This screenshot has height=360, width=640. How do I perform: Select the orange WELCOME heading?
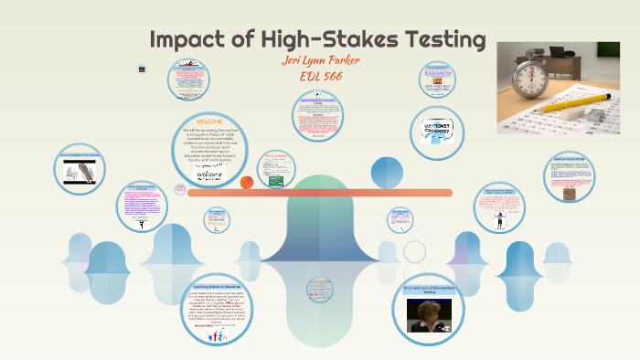pos(209,121)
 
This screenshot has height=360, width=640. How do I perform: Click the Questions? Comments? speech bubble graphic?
pos(440,131)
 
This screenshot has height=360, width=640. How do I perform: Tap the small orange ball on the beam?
pos(247,183)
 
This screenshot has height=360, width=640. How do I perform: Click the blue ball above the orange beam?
pos(386,172)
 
